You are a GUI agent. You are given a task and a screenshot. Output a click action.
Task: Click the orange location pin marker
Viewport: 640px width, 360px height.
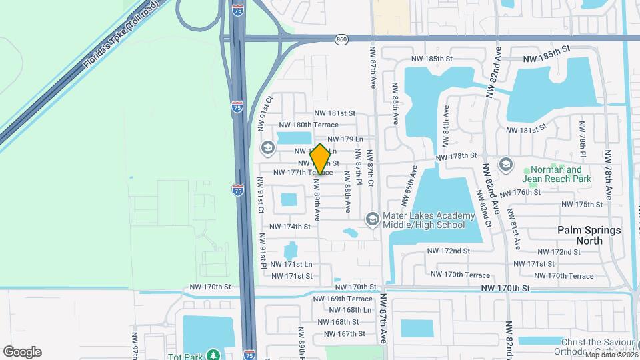coord(320,159)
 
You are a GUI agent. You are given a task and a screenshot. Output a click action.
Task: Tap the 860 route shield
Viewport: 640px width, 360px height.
coord(342,39)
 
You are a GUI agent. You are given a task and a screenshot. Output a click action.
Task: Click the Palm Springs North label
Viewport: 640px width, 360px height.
coord(589,235)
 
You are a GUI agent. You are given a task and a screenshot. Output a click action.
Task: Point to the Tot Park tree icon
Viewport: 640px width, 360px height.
coord(213,355)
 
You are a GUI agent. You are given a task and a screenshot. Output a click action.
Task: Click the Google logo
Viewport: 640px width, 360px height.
coord(22,352)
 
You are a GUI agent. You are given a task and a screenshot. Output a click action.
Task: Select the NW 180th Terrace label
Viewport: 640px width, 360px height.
coord(304,125)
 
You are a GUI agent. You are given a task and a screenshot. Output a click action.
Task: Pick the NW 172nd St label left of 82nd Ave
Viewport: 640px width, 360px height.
coord(448,251)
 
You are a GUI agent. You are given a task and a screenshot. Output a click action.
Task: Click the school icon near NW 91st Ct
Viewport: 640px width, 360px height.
coord(268,148)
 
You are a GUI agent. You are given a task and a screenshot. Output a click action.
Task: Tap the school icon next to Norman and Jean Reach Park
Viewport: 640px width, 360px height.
coord(505,164)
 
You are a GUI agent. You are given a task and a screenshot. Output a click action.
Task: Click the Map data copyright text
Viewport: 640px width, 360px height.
coord(610,354)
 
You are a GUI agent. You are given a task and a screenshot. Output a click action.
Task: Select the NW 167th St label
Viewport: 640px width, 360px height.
coord(342,333)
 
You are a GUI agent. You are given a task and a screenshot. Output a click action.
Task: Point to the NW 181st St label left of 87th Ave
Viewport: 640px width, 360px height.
coord(335,113)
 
